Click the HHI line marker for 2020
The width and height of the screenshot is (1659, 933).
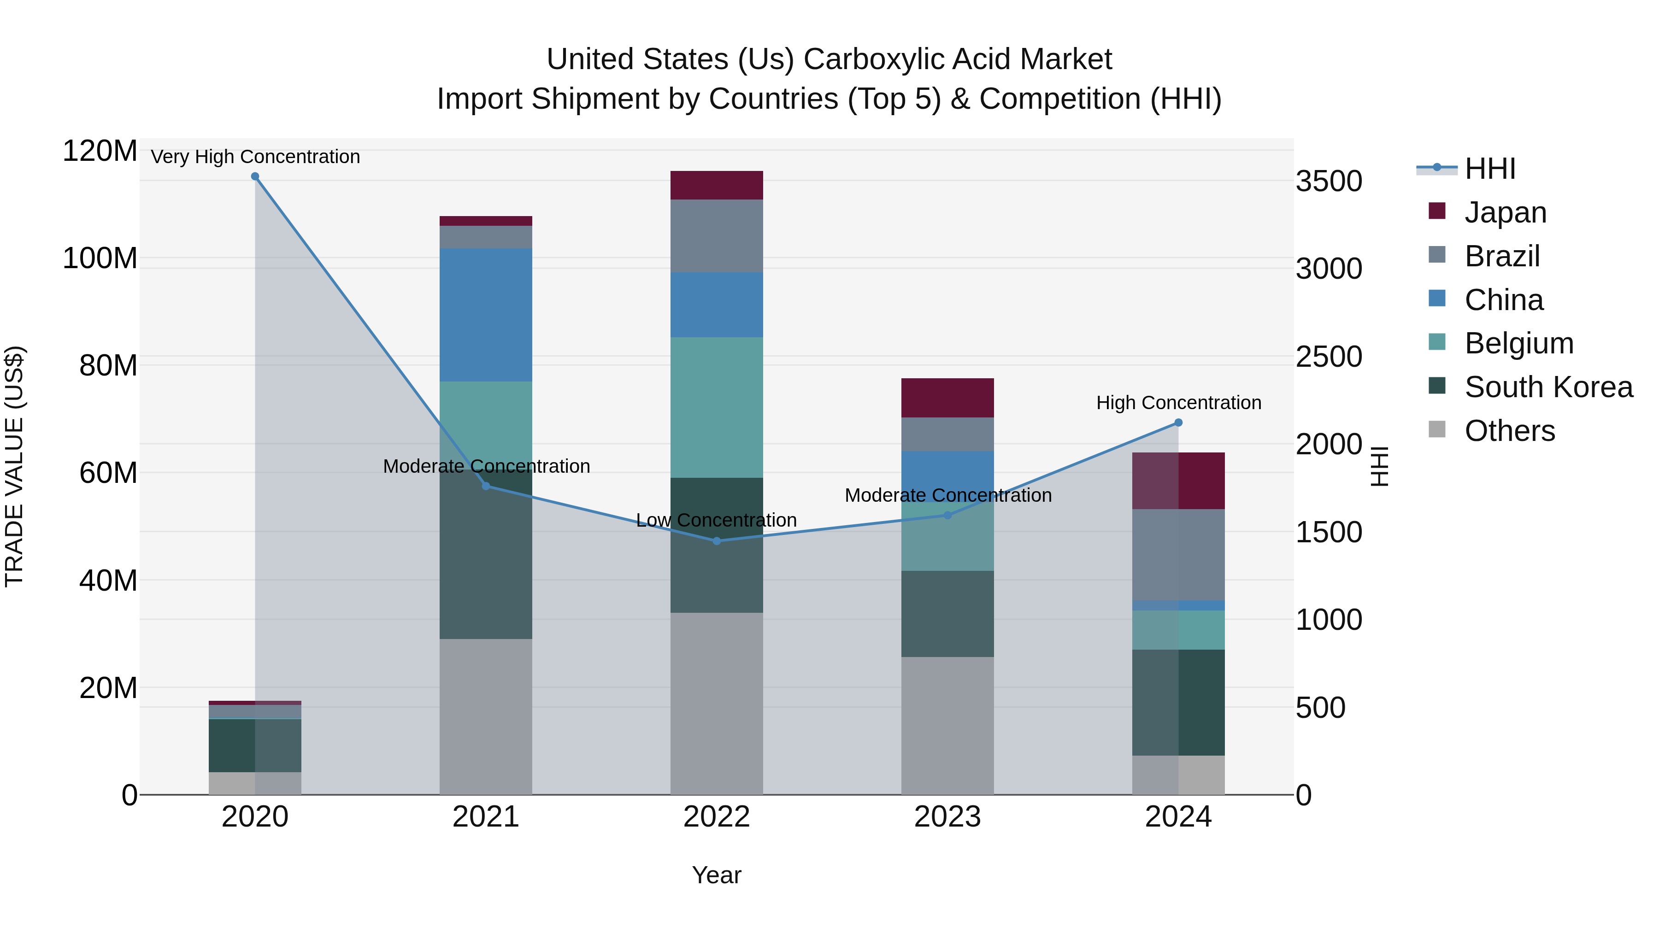coord(255,176)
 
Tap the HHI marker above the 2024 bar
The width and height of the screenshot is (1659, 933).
coord(1178,422)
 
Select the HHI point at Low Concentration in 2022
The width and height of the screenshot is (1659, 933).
coord(717,541)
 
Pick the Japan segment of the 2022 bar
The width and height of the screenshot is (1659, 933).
coord(716,185)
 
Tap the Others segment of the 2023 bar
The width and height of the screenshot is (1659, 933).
coord(947,725)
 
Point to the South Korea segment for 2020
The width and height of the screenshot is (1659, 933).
coord(255,745)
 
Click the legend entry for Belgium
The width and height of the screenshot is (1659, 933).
coord(1518,343)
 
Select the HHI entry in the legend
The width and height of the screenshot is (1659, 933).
coord(1489,169)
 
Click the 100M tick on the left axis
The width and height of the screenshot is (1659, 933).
coord(100,258)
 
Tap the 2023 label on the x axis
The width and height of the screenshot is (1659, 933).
coord(947,817)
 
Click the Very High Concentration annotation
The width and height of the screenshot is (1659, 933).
coord(255,157)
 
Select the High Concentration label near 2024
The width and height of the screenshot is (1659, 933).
coord(1178,402)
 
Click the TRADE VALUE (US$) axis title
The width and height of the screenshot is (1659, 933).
coord(14,466)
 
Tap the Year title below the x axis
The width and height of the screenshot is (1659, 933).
coord(716,875)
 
